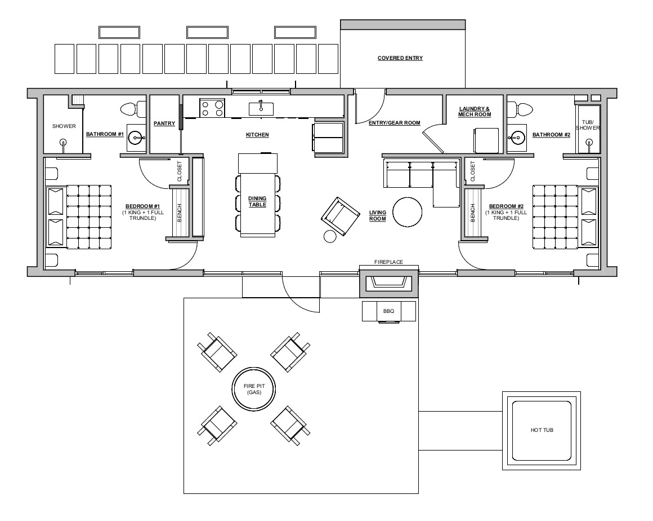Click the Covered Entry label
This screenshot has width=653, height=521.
(400, 58)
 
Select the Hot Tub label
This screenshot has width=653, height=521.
(542, 430)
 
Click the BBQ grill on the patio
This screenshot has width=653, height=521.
(388, 312)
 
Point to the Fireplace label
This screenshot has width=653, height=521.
(388, 262)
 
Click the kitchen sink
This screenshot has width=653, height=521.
(261, 108)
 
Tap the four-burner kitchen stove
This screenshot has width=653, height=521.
(212, 108)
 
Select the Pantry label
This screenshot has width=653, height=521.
(164, 123)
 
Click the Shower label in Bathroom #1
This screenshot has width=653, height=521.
(64, 126)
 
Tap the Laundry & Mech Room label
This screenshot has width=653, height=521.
(475, 112)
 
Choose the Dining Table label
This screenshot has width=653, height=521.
(257, 201)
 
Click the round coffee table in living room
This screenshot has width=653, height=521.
(408, 212)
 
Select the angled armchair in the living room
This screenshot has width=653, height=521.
(340, 216)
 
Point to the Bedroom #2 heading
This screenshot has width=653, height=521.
(506, 206)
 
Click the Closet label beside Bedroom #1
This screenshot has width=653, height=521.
(180, 171)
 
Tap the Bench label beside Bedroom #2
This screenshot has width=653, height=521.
(473, 213)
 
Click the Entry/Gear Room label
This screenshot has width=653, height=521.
(395, 122)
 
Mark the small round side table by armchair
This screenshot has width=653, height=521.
(330, 236)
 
